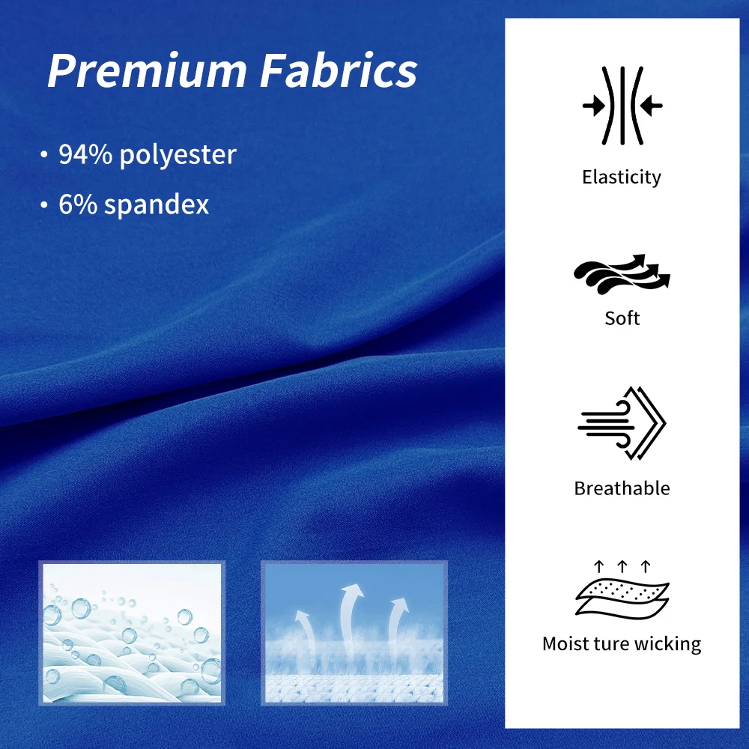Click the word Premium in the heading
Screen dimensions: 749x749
[x=147, y=70]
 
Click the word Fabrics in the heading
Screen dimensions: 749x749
[x=339, y=70]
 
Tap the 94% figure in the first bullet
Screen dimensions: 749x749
[x=85, y=154]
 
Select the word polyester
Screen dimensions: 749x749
[x=178, y=156]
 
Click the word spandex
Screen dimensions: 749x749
[x=157, y=205]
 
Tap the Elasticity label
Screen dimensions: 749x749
[x=622, y=178]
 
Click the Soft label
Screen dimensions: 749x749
[x=622, y=318]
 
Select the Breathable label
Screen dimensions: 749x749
[x=622, y=488]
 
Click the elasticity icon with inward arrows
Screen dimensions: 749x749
[x=622, y=106]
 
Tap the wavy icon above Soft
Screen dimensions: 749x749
[x=622, y=274]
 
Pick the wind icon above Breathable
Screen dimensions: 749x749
[x=622, y=424]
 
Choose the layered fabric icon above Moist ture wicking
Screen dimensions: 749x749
[x=622, y=590]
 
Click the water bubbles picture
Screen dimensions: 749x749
[x=132, y=634]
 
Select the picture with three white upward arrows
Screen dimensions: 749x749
[x=354, y=634]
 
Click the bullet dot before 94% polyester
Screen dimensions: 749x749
[x=44, y=155]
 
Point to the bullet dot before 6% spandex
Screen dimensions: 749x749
[x=44, y=205]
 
